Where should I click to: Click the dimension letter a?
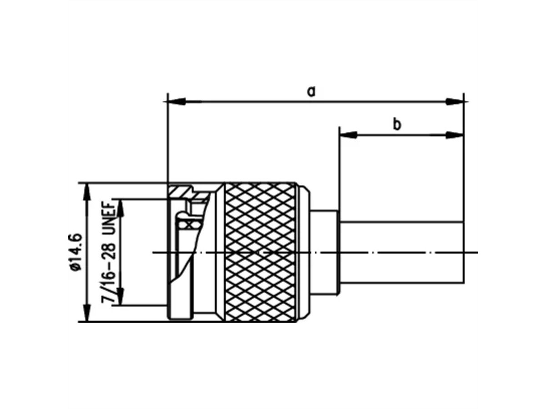click(311, 91)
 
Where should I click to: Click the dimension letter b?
click(397, 124)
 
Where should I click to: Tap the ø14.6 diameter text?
click(75, 252)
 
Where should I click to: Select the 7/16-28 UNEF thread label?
click(108, 252)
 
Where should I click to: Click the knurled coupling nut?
click(260, 252)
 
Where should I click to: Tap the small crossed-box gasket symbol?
click(185, 224)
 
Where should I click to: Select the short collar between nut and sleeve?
click(324, 252)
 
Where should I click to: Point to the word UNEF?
click(108, 218)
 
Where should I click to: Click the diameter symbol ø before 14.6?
click(76, 267)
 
